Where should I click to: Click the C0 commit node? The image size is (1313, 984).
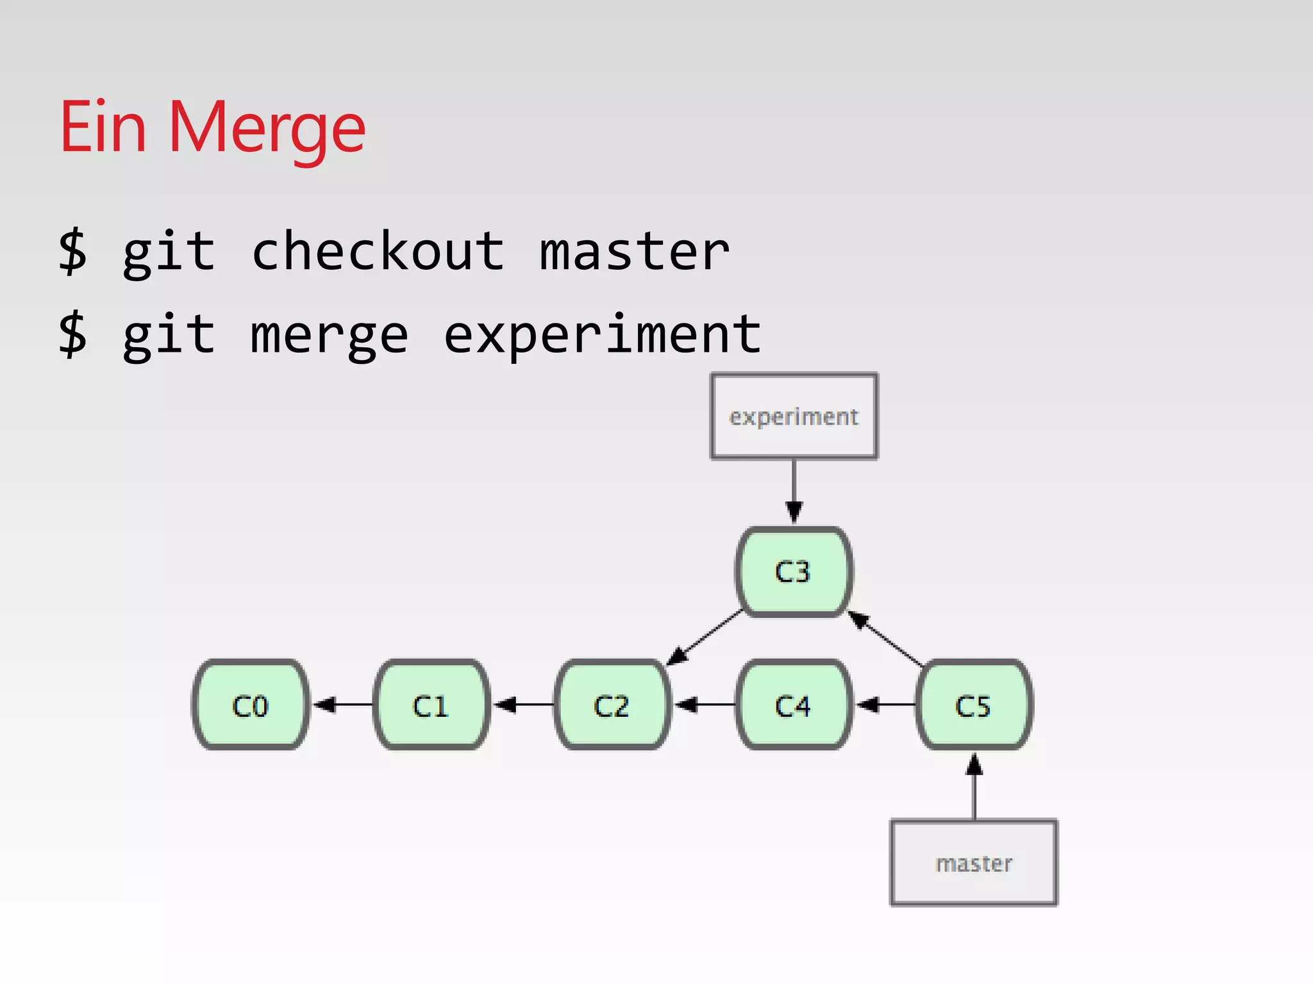click(251, 705)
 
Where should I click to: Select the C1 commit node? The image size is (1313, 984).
click(431, 705)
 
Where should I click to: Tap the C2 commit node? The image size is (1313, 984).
click(612, 705)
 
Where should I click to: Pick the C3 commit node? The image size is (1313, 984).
click(794, 571)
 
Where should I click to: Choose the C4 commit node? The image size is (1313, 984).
click(794, 705)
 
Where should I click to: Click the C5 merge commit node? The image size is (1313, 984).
click(974, 705)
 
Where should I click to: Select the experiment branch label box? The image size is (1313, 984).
click(794, 416)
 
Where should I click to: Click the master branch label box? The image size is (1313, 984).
click(974, 863)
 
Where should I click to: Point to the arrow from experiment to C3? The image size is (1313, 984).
click(794, 491)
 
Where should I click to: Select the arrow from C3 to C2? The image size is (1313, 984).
click(705, 638)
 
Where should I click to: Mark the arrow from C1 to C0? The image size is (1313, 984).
click(343, 705)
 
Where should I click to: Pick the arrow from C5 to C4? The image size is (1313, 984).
click(885, 705)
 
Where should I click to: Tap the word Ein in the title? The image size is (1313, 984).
click(103, 128)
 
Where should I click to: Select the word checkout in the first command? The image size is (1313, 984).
click(378, 252)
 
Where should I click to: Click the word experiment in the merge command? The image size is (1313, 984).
click(602, 335)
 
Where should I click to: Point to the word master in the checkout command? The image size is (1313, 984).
click(634, 252)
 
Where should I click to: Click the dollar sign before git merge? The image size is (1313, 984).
click(72, 334)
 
